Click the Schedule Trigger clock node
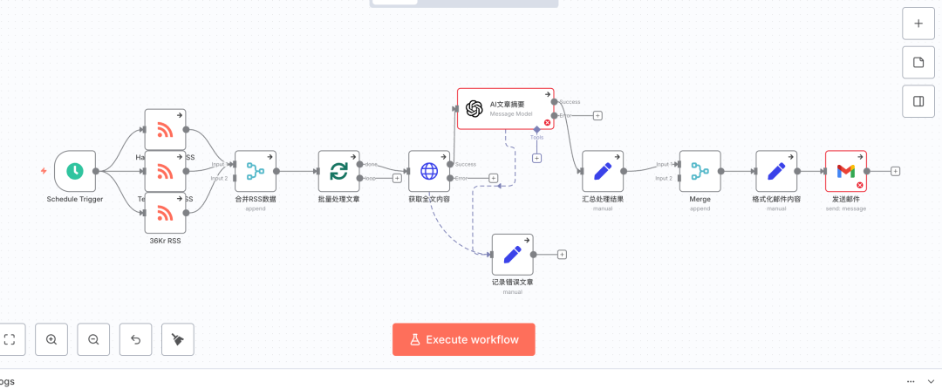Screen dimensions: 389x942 click(75, 172)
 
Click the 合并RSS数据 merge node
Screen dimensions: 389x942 click(256, 172)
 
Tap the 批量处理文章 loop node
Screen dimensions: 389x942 click(338, 172)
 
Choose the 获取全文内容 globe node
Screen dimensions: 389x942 click(429, 172)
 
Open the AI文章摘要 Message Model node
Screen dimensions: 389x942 click(506, 108)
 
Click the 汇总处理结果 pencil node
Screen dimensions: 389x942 click(603, 172)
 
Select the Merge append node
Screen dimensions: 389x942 click(700, 172)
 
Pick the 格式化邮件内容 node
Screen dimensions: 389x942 click(776, 172)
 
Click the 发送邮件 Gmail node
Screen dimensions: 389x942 click(845, 172)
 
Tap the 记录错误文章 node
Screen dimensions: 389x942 click(512, 255)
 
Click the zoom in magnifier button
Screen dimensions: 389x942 click(51, 339)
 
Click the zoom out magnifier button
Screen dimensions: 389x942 click(93, 339)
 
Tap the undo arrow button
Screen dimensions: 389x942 click(136, 339)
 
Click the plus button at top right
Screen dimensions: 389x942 click(918, 24)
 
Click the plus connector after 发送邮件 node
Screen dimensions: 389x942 click(895, 171)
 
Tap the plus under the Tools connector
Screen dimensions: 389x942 click(536, 158)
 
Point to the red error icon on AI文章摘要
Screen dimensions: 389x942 click(547, 122)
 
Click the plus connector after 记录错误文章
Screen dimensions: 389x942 click(562, 255)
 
